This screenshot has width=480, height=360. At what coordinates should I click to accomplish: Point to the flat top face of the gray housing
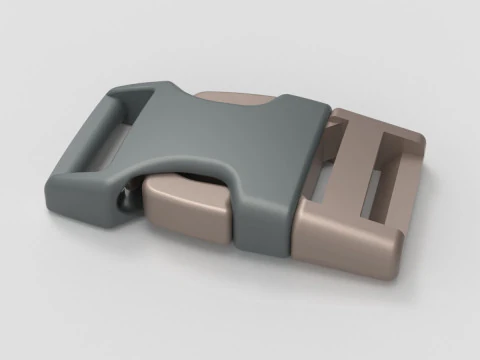235,130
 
